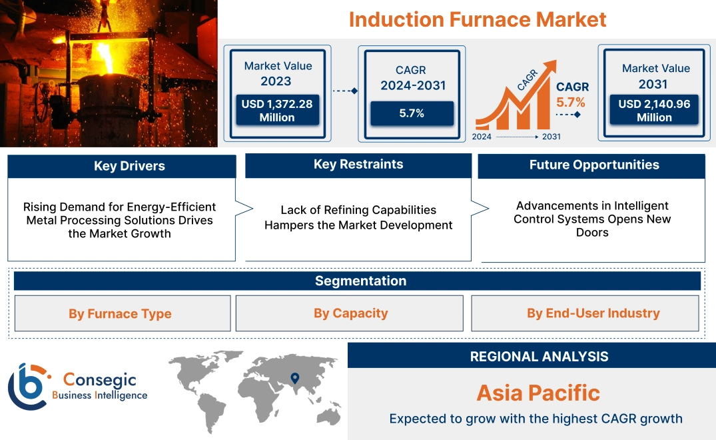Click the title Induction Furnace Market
[x=478, y=19]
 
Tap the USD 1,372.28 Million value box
[x=277, y=110]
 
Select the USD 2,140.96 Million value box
[x=654, y=110]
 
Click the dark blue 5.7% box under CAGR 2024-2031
[x=412, y=113]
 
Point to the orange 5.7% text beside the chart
[x=571, y=102]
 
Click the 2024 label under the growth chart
[x=482, y=137]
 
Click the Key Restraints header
[x=358, y=165]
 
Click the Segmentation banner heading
[x=360, y=281]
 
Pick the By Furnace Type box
[x=120, y=313]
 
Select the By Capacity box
[x=350, y=313]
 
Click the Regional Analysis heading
[x=539, y=356]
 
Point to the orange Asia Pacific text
[x=538, y=393]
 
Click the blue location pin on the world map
[x=294, y=379]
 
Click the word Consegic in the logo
[x=99, y=380]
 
